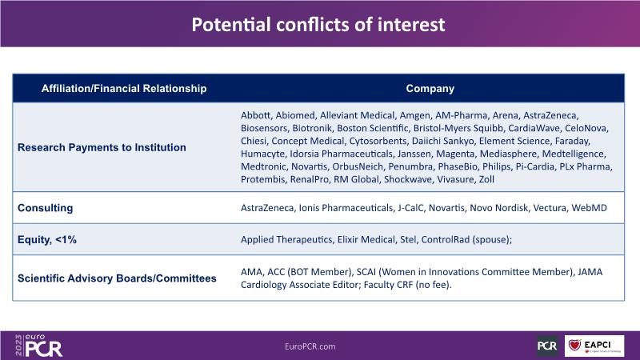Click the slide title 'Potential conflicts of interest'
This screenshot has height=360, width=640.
coord(318,25)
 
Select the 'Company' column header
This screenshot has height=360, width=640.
coord(430,89)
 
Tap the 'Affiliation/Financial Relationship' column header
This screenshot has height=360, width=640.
coord(124,89)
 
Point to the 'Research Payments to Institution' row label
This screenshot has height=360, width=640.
coord(102,147)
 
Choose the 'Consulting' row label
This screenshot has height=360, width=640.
coord(46,208)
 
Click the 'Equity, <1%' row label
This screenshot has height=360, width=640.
coord(47,239)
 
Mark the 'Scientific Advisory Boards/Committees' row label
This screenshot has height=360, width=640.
coord(117,278)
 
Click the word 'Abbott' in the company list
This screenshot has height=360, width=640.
coord(255,115)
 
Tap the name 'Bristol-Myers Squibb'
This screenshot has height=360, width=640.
coord(458,128)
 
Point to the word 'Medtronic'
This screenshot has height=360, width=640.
coord(263,166)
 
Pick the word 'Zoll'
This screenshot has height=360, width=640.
coord(486,179)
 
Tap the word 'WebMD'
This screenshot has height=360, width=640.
coord(589,208)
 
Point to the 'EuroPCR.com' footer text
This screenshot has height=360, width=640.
coord(310,346)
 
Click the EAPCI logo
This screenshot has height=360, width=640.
coord(594,346)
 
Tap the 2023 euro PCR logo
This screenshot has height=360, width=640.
coord(38,346)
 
